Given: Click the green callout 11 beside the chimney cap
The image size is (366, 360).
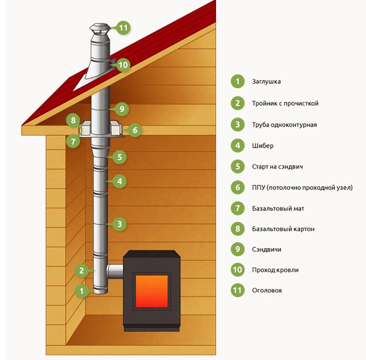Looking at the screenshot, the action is [123, 28].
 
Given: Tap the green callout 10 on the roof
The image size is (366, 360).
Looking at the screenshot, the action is [123, 65].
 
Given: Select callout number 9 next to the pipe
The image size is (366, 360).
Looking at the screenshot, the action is [122, 109].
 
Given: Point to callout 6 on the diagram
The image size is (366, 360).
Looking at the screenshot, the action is [135, 130].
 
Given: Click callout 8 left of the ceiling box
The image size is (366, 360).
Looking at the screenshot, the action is [73, 120].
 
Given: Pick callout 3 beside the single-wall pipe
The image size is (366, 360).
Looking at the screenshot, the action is [119, 224].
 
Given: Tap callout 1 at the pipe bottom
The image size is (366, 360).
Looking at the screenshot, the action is [82, 291].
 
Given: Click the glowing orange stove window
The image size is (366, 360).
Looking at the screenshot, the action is [152, 291].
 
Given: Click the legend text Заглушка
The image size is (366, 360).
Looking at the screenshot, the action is [266, 82].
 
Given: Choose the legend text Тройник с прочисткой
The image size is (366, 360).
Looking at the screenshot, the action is [285, 103].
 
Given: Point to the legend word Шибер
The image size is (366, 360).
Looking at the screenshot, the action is [263, 146].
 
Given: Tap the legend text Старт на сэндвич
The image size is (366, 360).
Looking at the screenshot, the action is [278, 167].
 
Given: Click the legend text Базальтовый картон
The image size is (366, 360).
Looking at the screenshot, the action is [283, 229].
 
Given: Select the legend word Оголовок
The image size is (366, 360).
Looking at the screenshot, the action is [267, 290].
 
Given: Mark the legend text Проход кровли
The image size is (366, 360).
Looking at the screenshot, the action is [275, 270].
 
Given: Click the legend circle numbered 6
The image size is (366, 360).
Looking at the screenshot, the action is [238, 187].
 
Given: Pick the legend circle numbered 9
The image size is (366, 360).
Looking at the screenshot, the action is [238, 249].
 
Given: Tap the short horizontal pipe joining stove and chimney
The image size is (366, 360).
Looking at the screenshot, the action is [115, 271].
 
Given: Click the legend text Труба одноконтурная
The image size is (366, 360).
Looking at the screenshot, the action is [284, 125].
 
